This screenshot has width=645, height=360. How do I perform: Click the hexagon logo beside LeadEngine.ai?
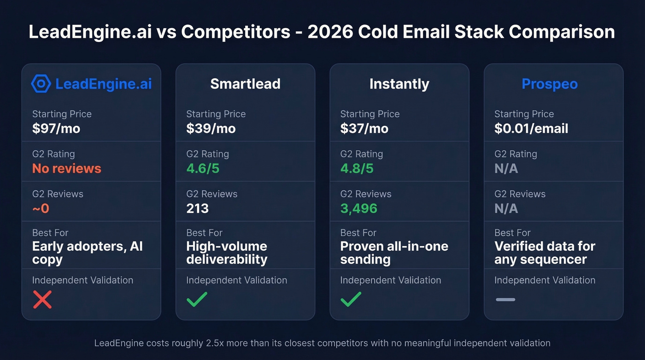41,84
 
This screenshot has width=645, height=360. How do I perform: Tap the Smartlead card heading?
245,84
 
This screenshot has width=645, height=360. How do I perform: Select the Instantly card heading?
399,84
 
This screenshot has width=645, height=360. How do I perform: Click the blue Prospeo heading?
549,84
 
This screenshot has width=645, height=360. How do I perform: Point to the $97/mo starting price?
56,129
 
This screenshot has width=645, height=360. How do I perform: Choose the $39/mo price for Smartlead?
211,129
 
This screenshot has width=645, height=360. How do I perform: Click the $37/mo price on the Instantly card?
364,129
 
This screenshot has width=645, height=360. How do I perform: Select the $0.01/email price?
531,129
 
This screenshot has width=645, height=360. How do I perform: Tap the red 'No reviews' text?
66,169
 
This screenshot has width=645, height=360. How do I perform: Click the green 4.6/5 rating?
203,169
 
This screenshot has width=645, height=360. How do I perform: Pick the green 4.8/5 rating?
357,169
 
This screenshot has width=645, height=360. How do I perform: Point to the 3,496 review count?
358,209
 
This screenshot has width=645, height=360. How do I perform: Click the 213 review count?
197,209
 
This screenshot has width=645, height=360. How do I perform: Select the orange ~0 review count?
41,209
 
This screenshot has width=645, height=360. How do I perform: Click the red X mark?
42,300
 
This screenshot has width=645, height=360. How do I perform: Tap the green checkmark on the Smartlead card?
197,300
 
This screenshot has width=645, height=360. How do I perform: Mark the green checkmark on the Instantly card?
351,300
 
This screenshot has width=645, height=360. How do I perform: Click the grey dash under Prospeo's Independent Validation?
505,300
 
